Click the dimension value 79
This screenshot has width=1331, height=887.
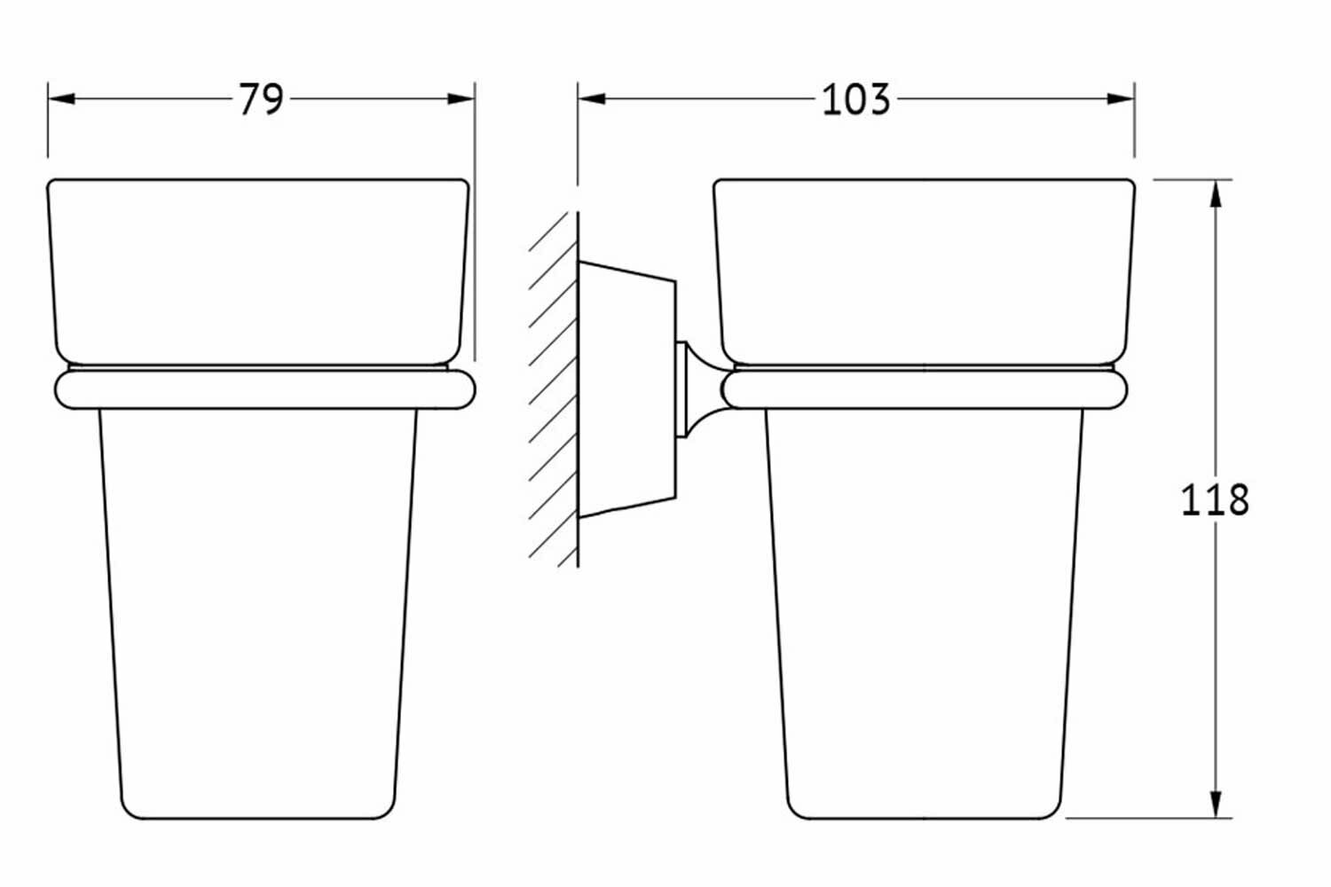260,99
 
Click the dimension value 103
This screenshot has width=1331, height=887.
855,99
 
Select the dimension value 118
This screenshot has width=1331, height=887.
1214,500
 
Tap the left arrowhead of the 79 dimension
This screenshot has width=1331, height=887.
59,98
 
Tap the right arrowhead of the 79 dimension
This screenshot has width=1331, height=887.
462,98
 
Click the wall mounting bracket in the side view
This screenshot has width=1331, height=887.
626,390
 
